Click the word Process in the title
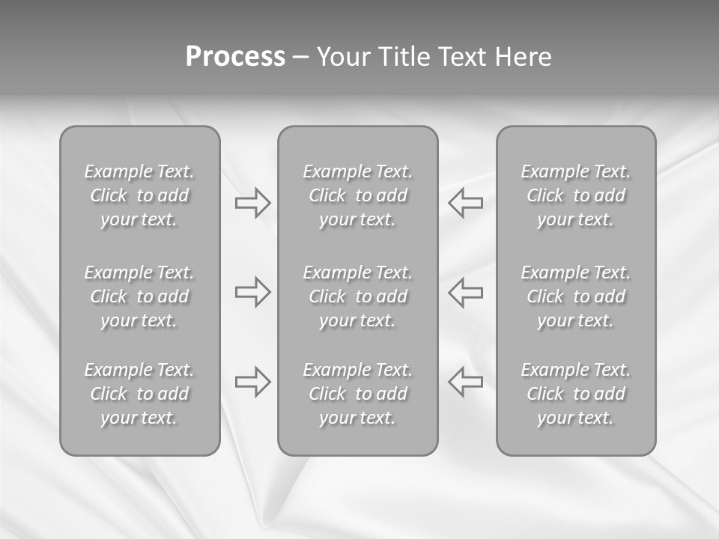[235, 57]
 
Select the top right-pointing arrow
[252, 202]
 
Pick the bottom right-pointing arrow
[252, 381]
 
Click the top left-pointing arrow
[465, 202]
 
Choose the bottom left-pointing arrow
[465, 381]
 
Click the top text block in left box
[139, 195]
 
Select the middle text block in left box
[139, 296]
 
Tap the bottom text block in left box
[139, 394]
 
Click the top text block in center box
[357, 195]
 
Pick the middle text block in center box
[357, 296]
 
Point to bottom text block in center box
[357, 394]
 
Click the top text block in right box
[576, 195]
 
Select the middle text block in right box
[576, 296]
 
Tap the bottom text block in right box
[576, 394]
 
